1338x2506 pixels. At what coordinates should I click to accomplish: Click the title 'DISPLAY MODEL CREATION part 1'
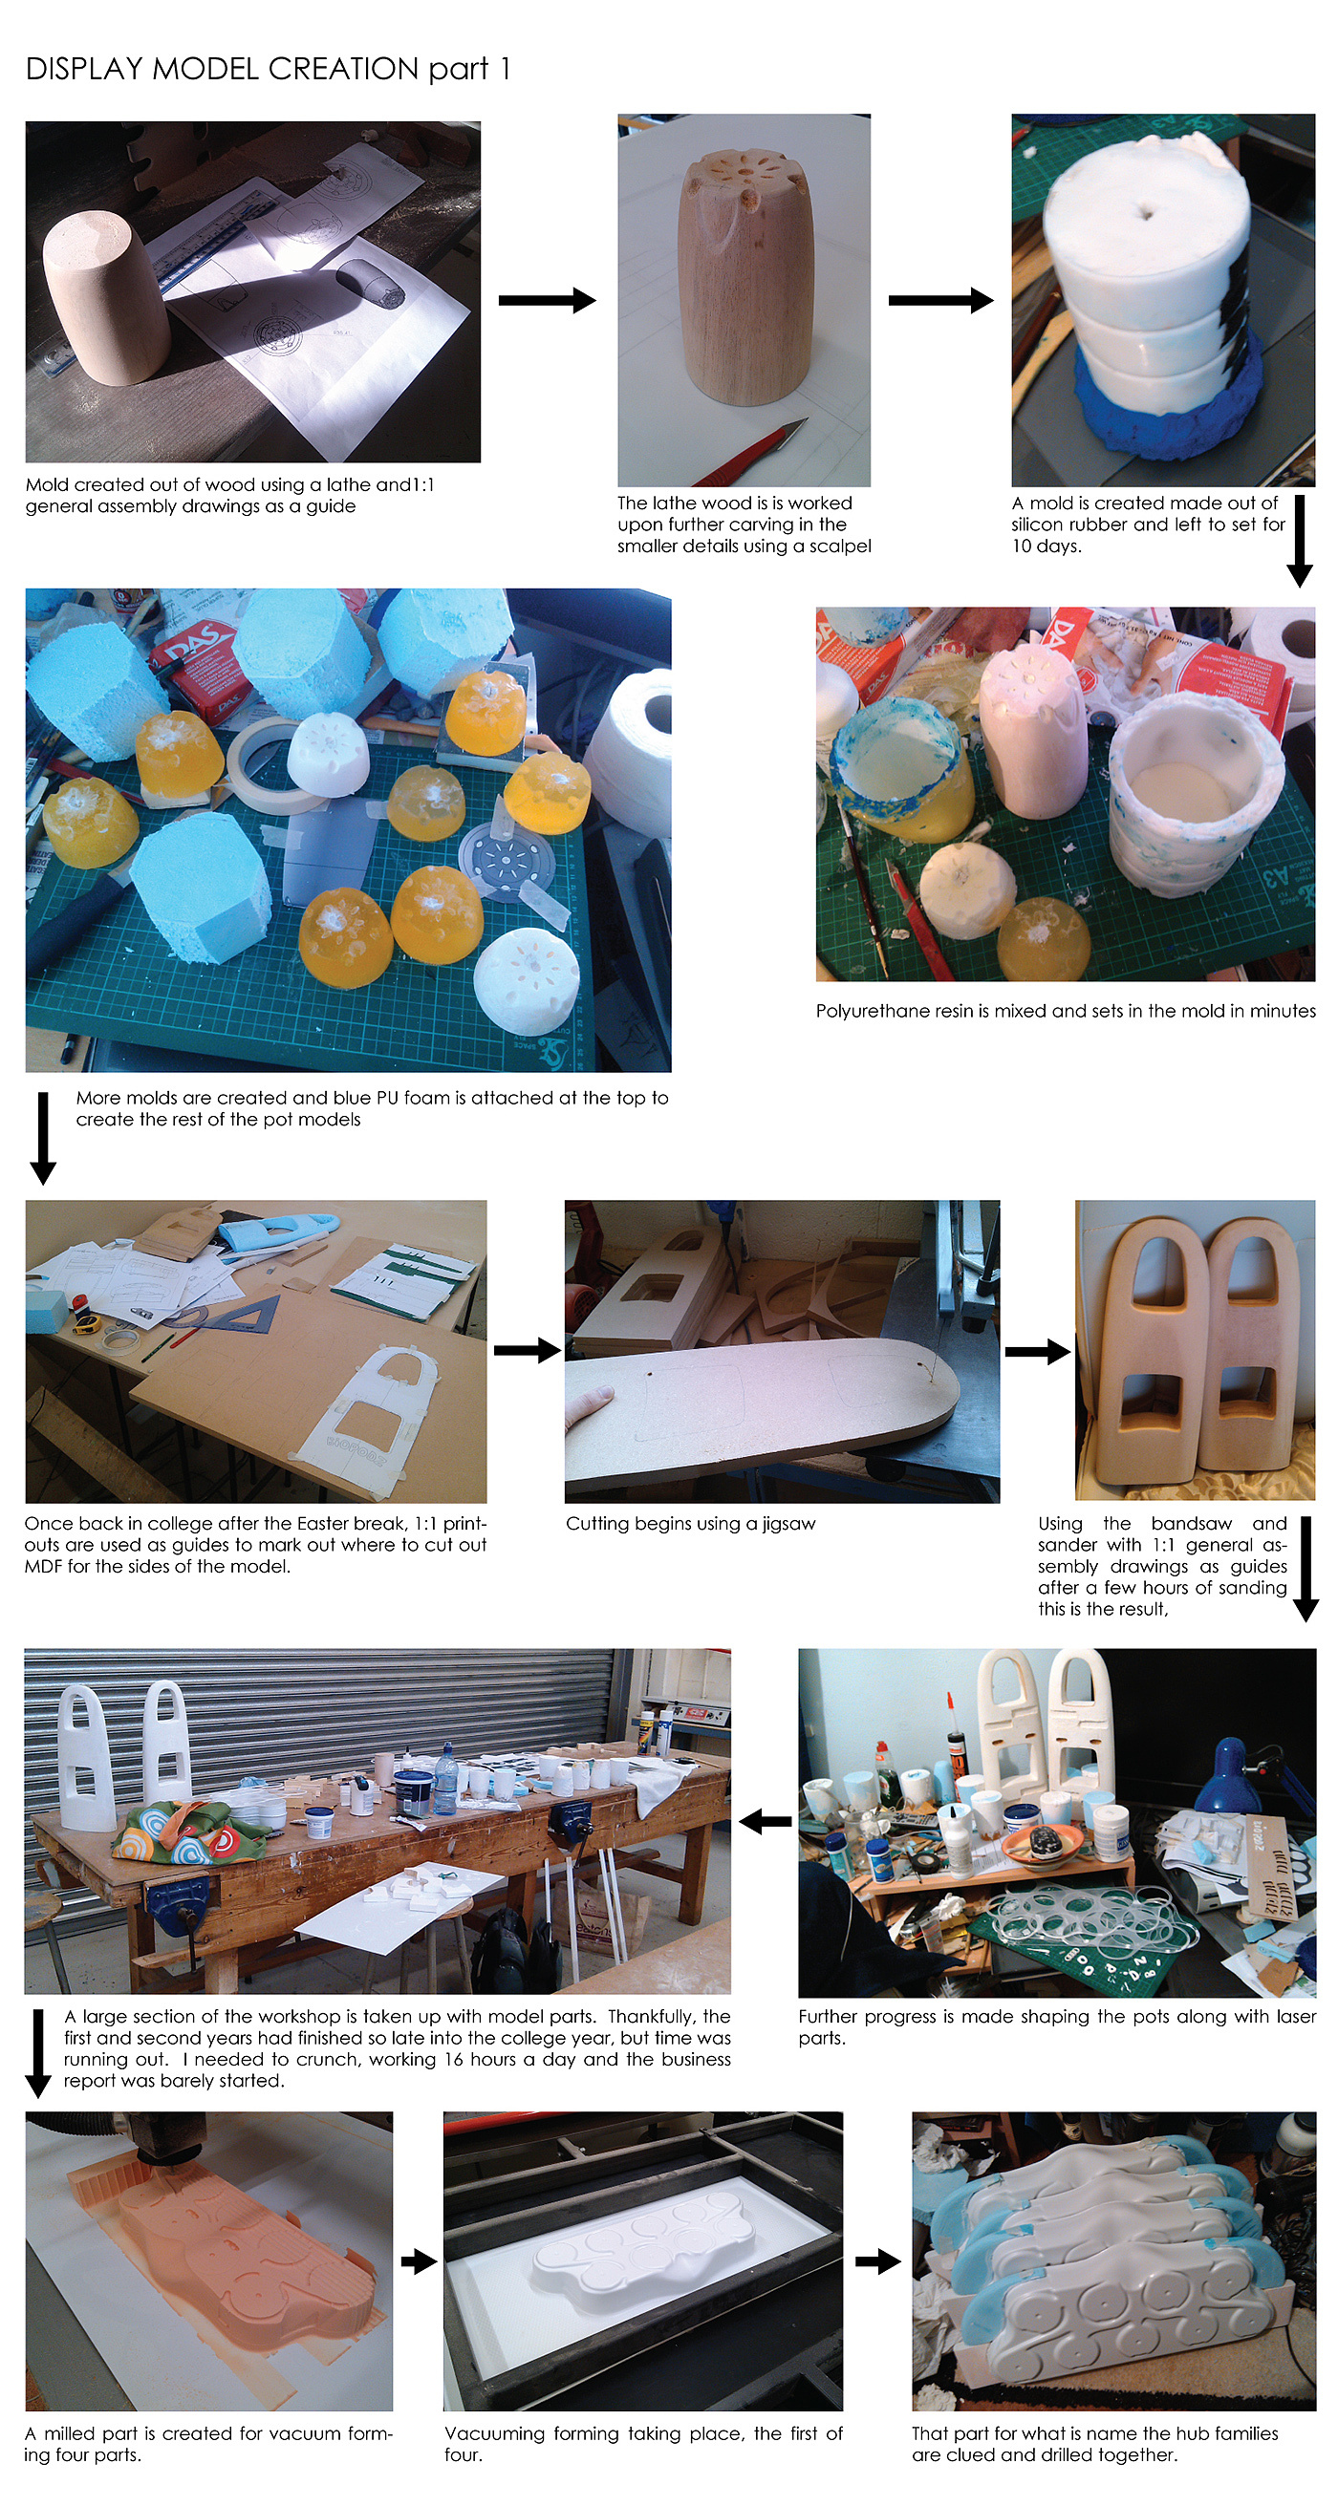(268, 69)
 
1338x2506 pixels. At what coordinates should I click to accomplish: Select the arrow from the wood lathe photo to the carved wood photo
(547, 300)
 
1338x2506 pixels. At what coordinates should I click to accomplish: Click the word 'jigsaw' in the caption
(788, 1525)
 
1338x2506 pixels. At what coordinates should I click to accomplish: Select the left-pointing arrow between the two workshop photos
(765, 1821)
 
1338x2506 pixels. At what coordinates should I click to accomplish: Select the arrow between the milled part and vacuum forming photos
(419, 2260)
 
